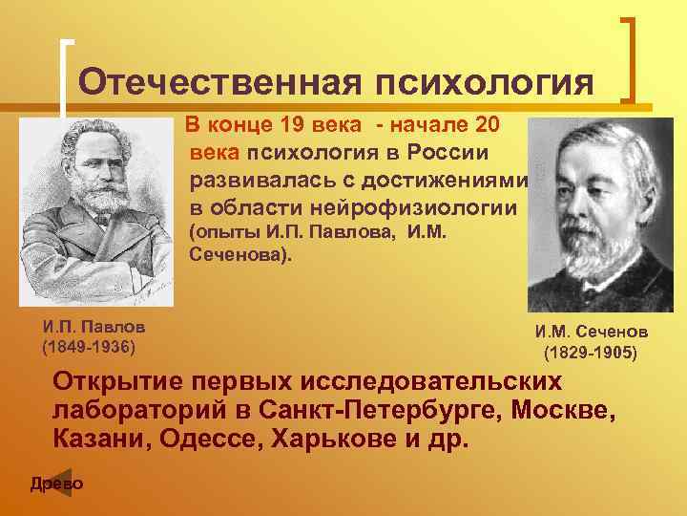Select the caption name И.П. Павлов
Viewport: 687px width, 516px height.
click(87, 326)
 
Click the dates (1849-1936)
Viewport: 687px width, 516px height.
click(88, 344)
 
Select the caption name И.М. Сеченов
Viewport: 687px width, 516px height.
click(591, 333)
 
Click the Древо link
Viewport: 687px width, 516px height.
click(56, 484)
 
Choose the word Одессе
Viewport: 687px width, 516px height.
click(209, 442)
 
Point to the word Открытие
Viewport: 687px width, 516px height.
click(121, 381)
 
